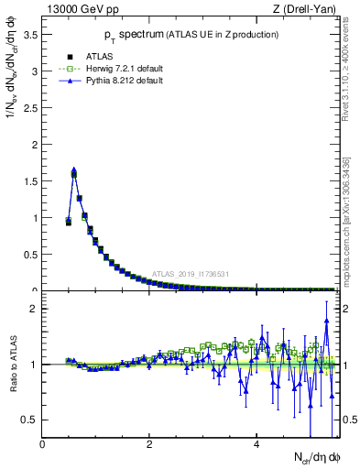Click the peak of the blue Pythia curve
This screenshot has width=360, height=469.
pos(74,169)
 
